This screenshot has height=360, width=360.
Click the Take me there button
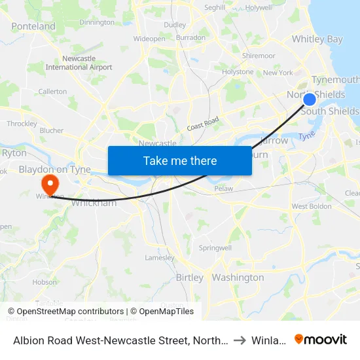(x=179, y=160)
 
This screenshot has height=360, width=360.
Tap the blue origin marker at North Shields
(x=310, y=99)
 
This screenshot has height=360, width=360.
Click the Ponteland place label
(x=33, y=26)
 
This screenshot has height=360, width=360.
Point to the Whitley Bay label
(x=317, y=39)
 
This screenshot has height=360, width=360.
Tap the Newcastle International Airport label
(x=79, y=63)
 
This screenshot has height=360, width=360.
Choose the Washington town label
(x=238, y=278)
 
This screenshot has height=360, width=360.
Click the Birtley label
(x=190, y=278)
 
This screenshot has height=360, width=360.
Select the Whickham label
(x=93, y=203)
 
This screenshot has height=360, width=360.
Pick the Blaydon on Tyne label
(x=54, y=170)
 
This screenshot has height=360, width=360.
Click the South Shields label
(x=330, y=111)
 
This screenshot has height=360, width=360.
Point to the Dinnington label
(x=96, y=22)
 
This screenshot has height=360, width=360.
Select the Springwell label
(x=215, y=249)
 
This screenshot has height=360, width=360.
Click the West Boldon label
(x=311, y=206)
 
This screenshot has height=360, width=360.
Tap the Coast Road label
(x=202, y=124)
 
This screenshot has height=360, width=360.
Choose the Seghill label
(x=214, y=8)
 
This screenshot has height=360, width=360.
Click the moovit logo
(x=320, y=339)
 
